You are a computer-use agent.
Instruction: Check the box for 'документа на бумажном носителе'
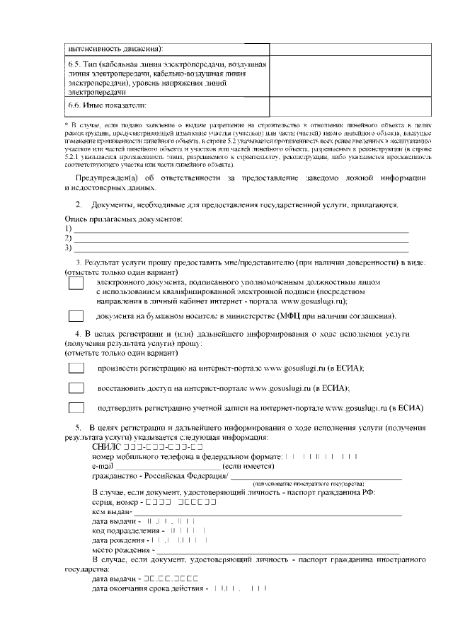(x=76, y=316)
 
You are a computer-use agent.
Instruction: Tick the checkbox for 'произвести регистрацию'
(x=76, y=368)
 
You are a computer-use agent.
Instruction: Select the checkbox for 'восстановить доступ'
(x=76, y=388)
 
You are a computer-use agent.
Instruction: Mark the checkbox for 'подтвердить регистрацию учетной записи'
(x=76, y=408)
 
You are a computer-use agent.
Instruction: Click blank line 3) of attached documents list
(x=241, y=248)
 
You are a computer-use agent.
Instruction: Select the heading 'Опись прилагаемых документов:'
(x=124, y=219)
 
